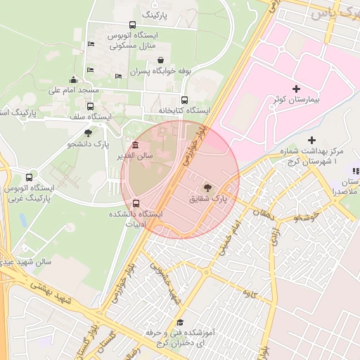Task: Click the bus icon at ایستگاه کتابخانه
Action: [x=185, y=100]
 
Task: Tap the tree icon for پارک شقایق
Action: [x=207, y=188]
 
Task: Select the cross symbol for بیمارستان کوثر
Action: [x=295, y=89]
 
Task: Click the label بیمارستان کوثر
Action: [x=296, y=100]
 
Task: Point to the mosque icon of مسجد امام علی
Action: [x=74, y=79]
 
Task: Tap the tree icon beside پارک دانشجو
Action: [x=88, y=132]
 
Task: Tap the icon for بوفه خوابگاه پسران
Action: [x=162, y=60]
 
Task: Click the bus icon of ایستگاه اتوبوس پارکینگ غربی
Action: [x=29, y=177]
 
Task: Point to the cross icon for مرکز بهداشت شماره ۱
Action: [x=312, y=141]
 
